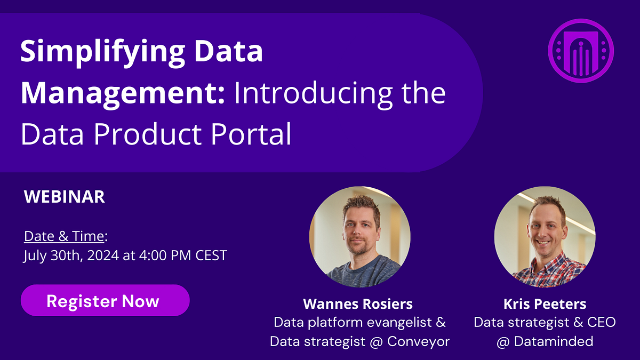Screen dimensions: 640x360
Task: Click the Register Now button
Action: click(105, 300)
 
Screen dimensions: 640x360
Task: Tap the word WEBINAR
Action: click(65, 197)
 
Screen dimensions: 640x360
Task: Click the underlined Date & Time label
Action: click(64, 236)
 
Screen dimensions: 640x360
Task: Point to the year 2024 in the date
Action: click(103, 255)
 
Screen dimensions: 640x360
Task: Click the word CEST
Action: click(211, 255)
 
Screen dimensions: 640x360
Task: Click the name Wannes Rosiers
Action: click(358, 303)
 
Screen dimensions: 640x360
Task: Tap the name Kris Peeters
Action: click(545, 303)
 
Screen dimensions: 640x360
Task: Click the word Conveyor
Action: click(418, 342)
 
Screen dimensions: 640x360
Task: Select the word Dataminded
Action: click(554, 341)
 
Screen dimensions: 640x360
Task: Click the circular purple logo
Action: click(581, 51)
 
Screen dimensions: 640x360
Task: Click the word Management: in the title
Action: click(123, 93)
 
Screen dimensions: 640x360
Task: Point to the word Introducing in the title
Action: click(314, 93)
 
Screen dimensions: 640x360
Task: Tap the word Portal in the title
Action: click(251, 134)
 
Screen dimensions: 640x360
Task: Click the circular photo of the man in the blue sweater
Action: click(359, 237)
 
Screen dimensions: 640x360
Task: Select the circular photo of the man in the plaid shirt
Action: click(545, 237)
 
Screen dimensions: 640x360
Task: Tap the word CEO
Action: click(601, 322)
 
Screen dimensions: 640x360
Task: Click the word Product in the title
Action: click(147, 134)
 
